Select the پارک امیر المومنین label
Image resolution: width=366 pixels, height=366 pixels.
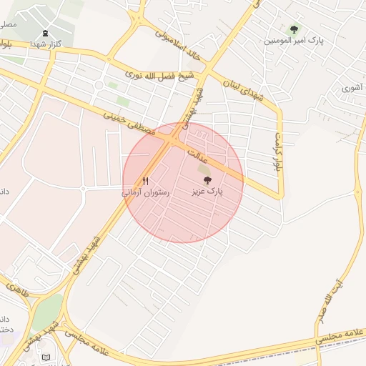[294, 41]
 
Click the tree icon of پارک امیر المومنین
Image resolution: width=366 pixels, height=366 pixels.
[294, 29]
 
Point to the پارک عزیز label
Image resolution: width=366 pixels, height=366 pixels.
[207, 192]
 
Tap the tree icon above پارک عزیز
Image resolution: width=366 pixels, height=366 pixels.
[207, 181]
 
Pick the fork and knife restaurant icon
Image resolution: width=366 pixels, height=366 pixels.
[146, 182]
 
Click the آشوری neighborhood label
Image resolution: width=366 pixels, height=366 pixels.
[351, 88]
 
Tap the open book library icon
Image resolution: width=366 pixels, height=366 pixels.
[46, 357]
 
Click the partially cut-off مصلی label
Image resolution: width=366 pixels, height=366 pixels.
[7, 24]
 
